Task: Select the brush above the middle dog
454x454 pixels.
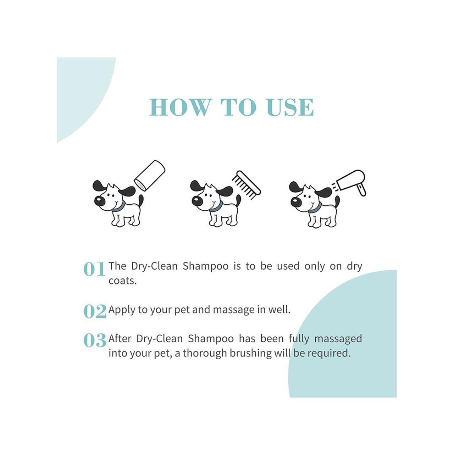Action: tap(246, 186)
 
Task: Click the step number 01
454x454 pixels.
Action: tap(94, 269)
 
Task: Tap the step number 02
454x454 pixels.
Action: tap(95, 311)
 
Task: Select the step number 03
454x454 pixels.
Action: tap(95, 340)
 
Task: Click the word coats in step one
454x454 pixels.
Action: tap(122, 281)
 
